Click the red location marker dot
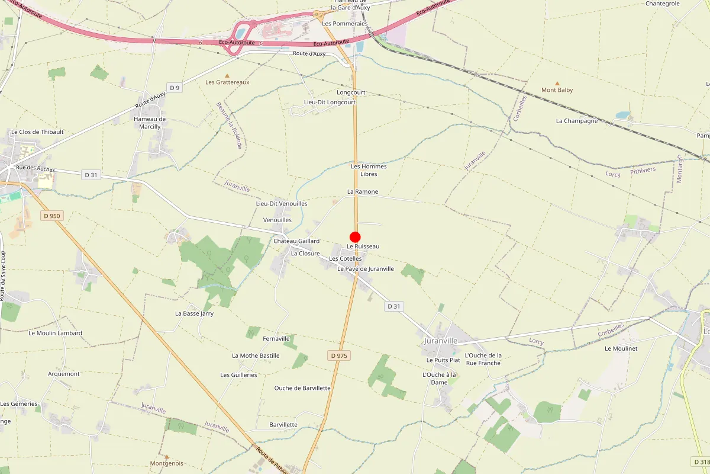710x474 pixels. tap(355, 237)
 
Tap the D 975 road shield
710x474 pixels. tap(340, 355)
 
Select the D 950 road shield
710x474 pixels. tap(52, 216)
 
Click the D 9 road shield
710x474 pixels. tap(174, 88)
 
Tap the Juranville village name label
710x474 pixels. tap(441, 341)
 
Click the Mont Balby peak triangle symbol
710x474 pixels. tap(557, 84)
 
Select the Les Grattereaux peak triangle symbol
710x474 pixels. tap(227, 75)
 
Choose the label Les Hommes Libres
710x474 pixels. tap(369, 170)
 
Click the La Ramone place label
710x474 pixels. tap(362, 192)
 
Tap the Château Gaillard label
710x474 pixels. tap(296, 241)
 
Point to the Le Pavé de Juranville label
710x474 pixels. tap(365, 269)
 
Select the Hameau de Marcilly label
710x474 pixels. tap(150, 123)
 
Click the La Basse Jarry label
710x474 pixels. tap(194, 313)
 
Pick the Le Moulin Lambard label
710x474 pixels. tap(55, 333)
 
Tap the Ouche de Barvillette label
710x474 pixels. tap(302, 388)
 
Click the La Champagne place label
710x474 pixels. tap(577, 121)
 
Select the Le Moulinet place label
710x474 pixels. tap(621, 349)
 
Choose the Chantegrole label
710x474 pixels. tap(663, 4)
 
